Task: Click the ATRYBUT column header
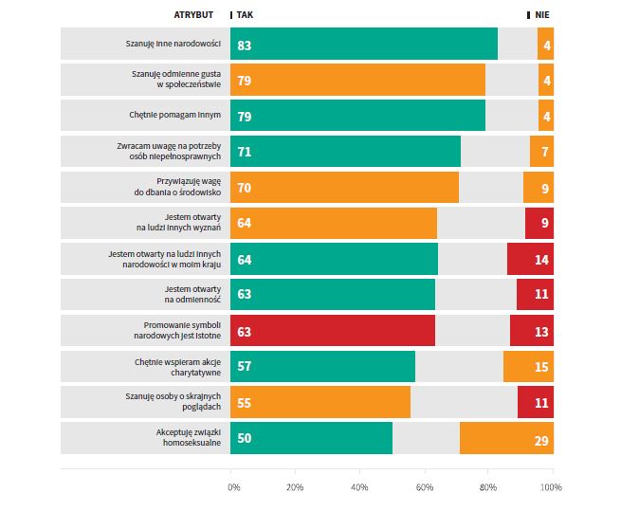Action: coord(193,15)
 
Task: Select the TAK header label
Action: coord(245,15)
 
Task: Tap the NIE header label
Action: coord(541,15)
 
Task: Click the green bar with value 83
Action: coord(364,44)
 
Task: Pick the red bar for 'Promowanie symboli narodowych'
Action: coord(333,330)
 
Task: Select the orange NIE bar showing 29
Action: coord(506,438)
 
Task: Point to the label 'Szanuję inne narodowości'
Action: coord(174,44)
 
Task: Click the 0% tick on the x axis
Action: coord(234,486)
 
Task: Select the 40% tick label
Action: coord(359,486)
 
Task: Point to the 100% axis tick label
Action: coord(551,486)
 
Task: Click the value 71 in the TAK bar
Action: coord(245,152)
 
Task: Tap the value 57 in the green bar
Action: coord(245,366)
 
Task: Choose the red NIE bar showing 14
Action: coord(530,259)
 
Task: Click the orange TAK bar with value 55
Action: coord(320,402)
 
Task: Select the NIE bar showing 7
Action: coord(541,152)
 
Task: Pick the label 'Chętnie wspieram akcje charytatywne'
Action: coord(177,366)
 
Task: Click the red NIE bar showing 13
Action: coord(532,330)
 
